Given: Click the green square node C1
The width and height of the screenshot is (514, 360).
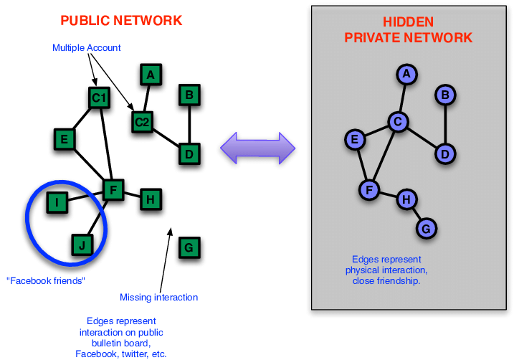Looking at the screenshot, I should click(x=99, y=98).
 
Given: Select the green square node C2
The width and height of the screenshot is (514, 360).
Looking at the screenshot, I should click(x=143, y=122).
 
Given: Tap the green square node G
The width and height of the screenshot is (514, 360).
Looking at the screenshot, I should click(x=189, y=248).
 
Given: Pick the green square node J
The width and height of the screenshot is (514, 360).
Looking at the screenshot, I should click(x=82, y=246).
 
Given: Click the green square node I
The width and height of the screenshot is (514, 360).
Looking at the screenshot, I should click(x=57, y=203).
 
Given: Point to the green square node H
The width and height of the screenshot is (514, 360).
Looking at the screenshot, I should click(x=149, y=199).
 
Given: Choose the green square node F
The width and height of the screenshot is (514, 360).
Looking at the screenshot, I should click(x=113, y=190).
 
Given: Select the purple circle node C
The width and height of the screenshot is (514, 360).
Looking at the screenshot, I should click(x=398, y=122).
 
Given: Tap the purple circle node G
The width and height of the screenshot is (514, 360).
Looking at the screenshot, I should click(x=427, y=229).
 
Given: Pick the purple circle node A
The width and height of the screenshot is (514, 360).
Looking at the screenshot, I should click(x=407, y=73).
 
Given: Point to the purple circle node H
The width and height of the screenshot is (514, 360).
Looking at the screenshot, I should click(x=406, y=199).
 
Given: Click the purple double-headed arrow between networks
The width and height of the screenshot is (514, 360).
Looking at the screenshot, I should click(x=257, y=147).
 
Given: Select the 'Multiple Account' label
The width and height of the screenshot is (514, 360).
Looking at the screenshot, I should click(x=87, y=48).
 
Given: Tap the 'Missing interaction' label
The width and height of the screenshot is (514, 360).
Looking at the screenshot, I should click(x=158, y=297).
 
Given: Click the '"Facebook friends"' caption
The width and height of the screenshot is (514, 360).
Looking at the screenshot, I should click(x=45, y=280).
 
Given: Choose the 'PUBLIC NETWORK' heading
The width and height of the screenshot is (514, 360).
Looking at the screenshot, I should click(x=121, y=21).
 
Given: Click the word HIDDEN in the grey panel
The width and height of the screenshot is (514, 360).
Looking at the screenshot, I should click(x=409, y=22).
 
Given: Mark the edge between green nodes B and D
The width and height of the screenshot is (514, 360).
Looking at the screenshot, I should click(x=189, y=124).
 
